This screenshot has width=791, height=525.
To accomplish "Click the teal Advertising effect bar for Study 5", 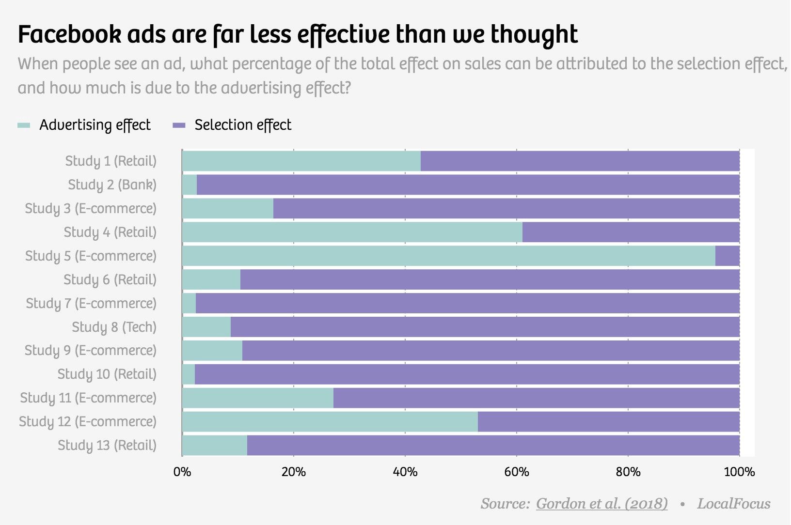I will click(x=448, y=256).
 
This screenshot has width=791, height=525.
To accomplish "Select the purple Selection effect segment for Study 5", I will click(x=728, y=256).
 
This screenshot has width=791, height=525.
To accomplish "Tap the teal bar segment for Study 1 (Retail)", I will click(x=301, y=161).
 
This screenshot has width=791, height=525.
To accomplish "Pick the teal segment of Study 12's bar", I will click(x=330, y=421).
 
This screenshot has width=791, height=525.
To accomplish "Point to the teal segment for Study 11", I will click(x=257, y=398).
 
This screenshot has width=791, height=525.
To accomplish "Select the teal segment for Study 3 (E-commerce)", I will click(x=227, y=208).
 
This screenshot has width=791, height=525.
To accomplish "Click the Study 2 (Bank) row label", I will click(x=112, y=185).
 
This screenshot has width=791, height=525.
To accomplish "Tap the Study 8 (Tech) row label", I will click(x=114, y=327).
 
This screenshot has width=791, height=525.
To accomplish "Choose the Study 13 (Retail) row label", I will click(x=107, y=445).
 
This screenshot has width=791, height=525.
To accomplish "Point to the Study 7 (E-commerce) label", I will click(x=91, y=303).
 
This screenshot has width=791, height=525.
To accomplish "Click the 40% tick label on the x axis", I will click(x=405, y=472).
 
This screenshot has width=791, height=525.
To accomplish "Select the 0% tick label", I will click(x=182, y=472).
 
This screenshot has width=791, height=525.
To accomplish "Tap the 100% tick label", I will click(x=739, y=472).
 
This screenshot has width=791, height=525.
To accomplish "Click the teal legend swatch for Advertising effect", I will click(x=24, y=125).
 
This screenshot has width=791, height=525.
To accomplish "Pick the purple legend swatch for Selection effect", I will click(x=179, y=125).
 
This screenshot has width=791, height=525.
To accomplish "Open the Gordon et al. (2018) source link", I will click(x=601, y=504).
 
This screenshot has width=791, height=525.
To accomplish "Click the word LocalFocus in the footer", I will click(x=733, y=504).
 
